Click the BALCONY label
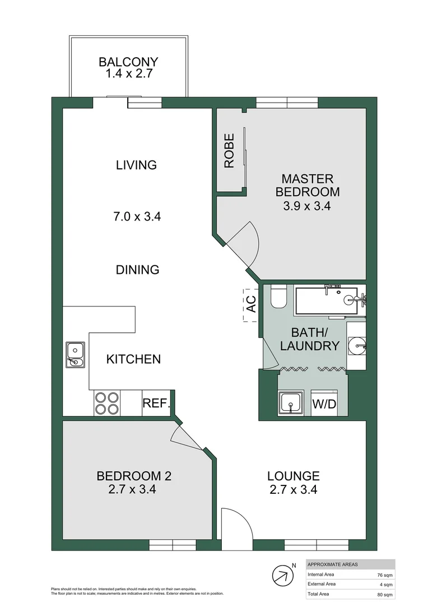[x=128, y=62]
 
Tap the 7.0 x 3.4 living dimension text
[x=136, y=216]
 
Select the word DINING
[x=137, y=269]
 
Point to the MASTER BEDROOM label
[x=307, y=186]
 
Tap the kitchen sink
[x=75, y=355]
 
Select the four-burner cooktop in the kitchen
[x=107, y=403]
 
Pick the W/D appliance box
[x=324, y=403]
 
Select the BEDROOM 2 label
[x=134, y=476]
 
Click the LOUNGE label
[x=293, y=476]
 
